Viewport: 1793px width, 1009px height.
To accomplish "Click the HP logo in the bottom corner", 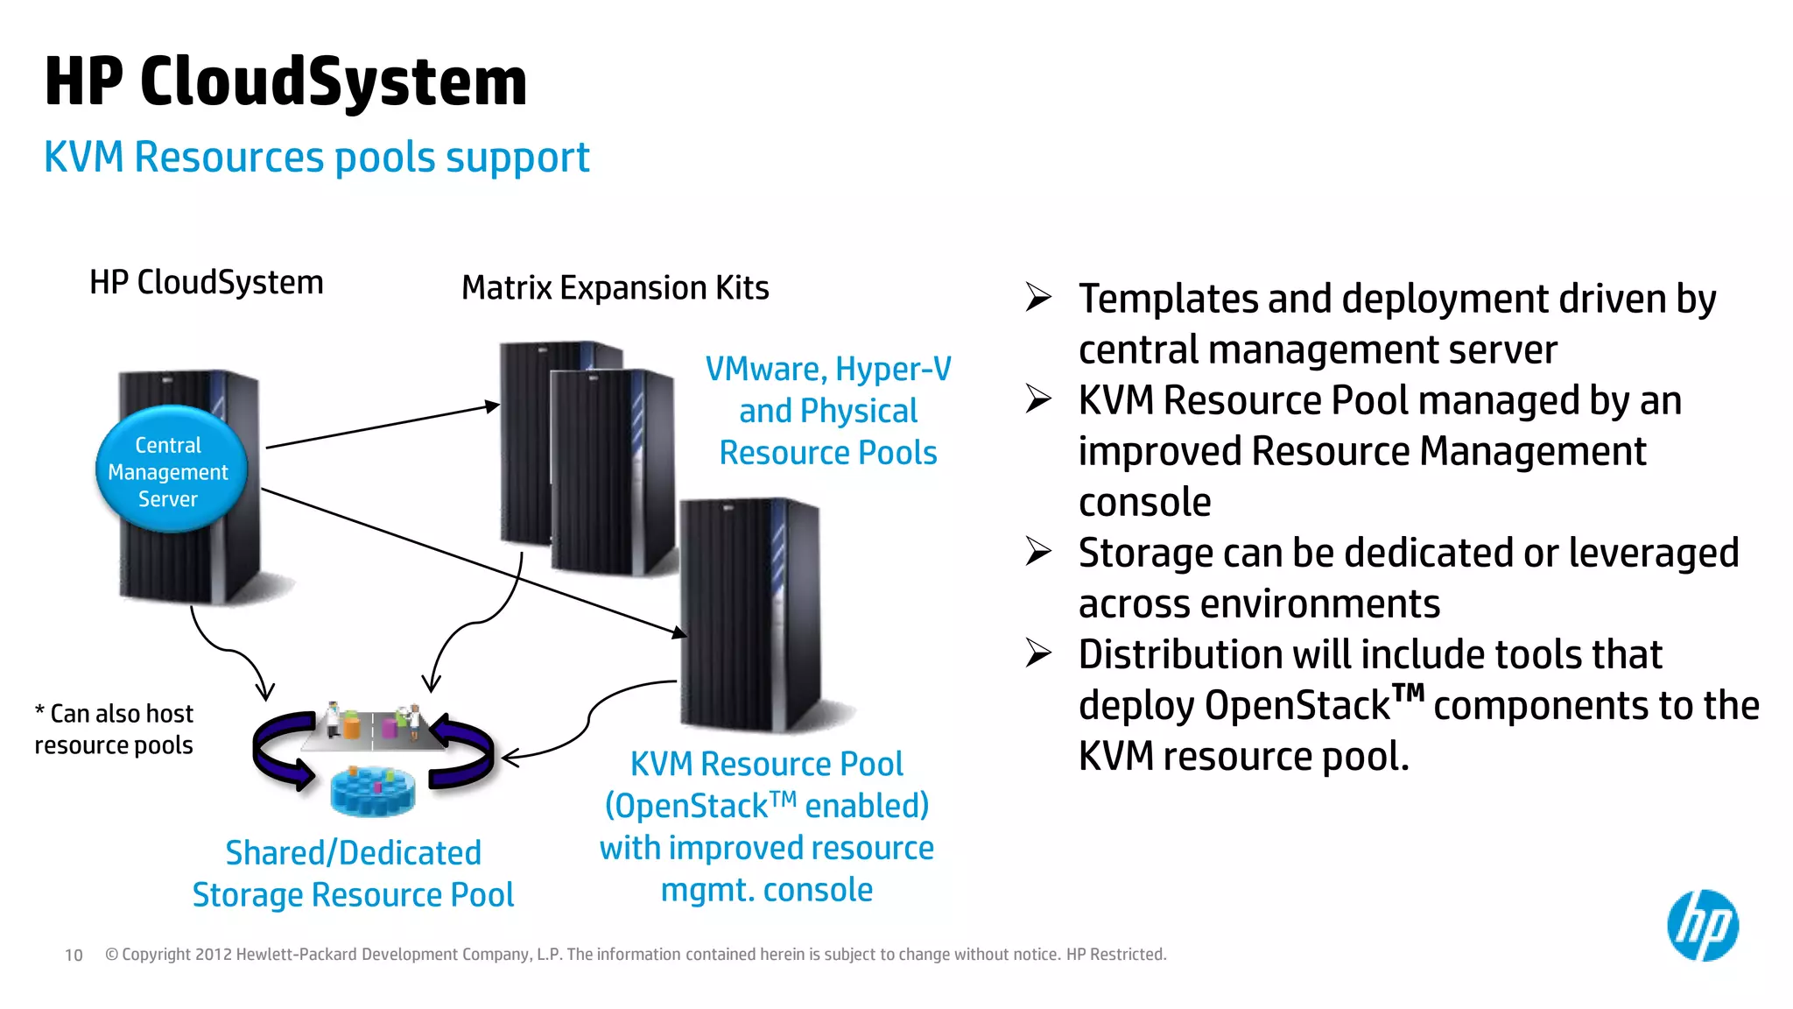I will pyautogui.click(x=1702, y=926).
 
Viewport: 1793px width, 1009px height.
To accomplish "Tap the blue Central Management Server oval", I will pyautogui.click(x=170, y=470).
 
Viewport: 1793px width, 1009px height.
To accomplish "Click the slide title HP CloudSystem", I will pyautogui.click(x=285, y=81).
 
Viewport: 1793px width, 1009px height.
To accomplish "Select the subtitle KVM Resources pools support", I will pyautogui.click(x=316, y=158).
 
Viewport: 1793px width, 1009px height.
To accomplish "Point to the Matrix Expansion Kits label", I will pyautogui.click(x=615, y=288).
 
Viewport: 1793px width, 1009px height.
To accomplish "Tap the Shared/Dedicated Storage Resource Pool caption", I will pyautogui.click(x=353, y=873).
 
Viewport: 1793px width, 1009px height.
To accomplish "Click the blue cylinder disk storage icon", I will pyautogui.click(x=373, y=790).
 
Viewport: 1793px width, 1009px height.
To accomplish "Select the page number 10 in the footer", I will pyautogui.click(x=74, y=956).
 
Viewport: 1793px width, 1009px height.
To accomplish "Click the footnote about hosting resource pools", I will pyautogui.click(x=114, y=729).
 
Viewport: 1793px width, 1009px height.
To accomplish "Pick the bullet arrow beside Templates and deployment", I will pyautogui.click(x=1038, y=298).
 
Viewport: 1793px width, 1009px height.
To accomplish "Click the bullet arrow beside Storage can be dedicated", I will pyautogui.click(x=1038, y=552).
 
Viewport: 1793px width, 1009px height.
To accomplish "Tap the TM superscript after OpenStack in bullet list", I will pyautogui.click(x=1408, y=694).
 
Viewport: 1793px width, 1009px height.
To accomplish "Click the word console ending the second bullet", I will pyautogui.click(x=1144, y=503).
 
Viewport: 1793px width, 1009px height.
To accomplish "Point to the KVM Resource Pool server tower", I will pyautogui.click(x=749, y=613).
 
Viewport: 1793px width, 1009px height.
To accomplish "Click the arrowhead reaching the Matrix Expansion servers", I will pyautogui.click(x=493, y=406).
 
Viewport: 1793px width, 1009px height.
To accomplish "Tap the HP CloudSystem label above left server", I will pyautogui.click(x=207, y=283).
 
